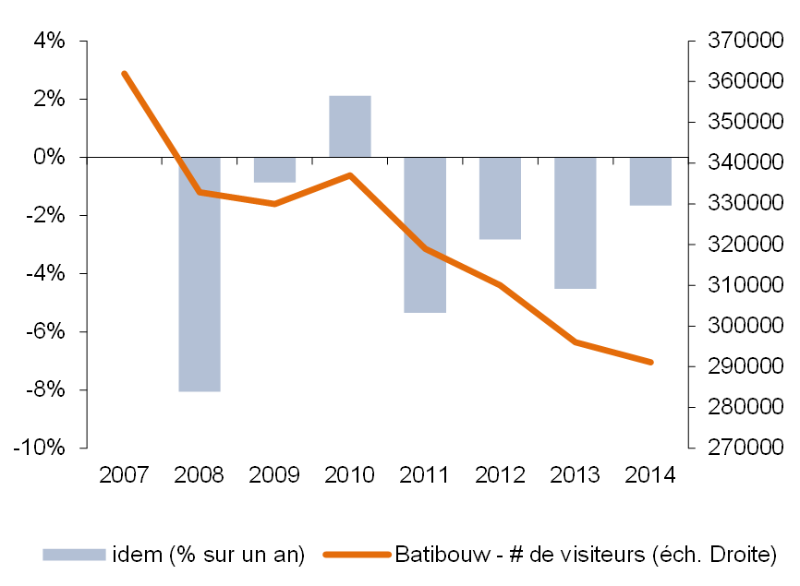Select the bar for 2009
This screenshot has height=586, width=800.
click(274, 170)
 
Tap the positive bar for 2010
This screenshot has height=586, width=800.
click(350, 126)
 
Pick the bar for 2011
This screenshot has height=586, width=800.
click(426, 234)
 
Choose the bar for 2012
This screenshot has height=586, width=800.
click(501, 198)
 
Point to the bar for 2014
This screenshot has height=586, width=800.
click(651, 181)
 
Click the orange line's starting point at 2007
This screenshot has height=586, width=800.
click(124, 73)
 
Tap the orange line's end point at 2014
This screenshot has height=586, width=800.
click(651, 363)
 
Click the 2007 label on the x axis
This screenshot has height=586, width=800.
click(124, 475)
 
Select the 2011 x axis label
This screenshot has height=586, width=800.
click(426, 475)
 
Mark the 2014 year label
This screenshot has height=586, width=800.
click(651, 475)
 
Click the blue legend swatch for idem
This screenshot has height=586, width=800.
click(74, 555)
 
